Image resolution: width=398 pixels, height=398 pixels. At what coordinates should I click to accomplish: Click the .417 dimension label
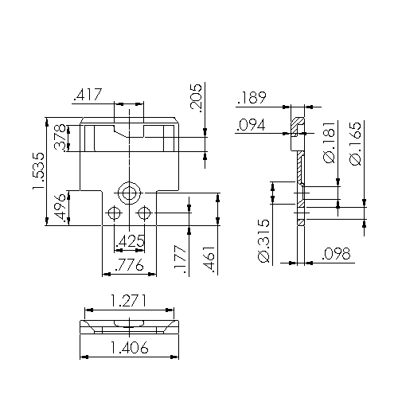(87, 96)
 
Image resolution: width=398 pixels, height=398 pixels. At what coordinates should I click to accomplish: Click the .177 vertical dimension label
(180, 260)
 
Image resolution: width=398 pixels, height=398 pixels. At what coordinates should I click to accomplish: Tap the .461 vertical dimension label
(209, 260)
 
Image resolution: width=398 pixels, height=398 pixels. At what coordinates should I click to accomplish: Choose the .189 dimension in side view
(252, 98)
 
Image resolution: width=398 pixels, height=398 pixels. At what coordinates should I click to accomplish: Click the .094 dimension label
(252, 125)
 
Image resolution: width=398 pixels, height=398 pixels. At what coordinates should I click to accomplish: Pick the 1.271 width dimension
(128, 302)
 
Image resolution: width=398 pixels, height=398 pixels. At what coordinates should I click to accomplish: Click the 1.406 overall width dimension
(128, 347)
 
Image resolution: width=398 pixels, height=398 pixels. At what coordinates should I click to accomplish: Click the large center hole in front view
(128, 193)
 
